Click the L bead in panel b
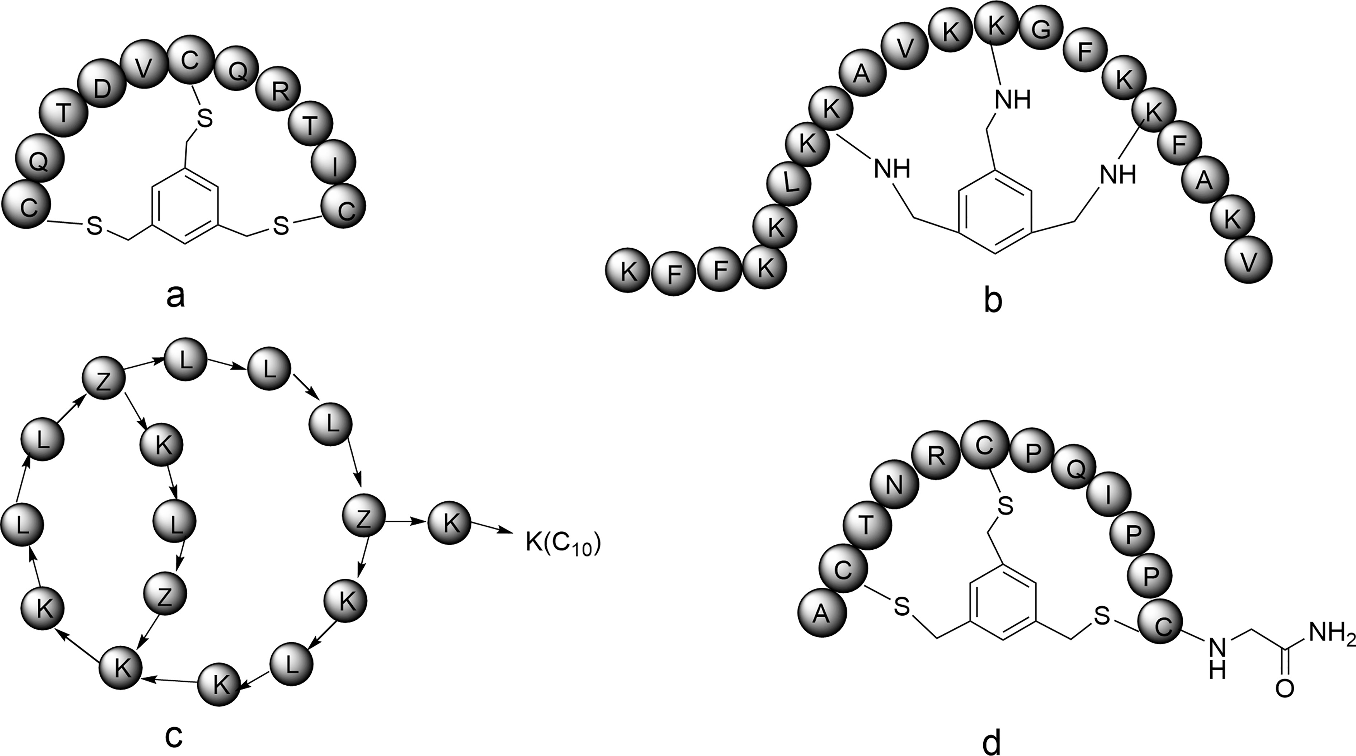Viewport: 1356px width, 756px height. click(788, 183)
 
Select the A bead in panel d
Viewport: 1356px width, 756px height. click(822, 614)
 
